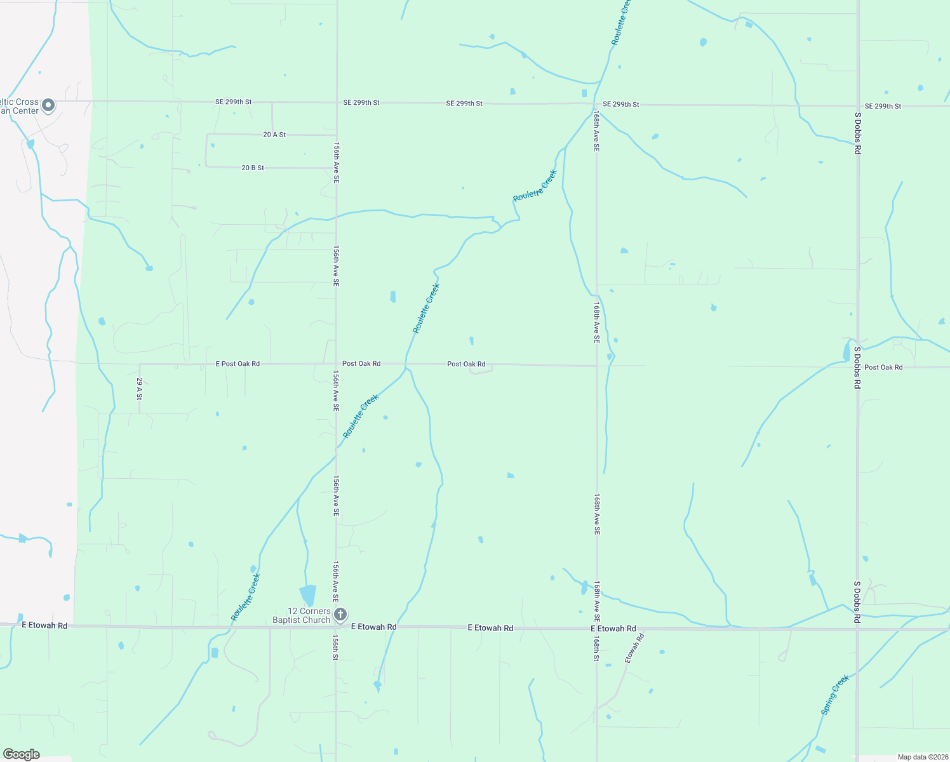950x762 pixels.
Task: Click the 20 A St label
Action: coord(274,135)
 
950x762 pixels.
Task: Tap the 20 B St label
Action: coord(253,168)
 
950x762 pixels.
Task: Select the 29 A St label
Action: coord(140,388)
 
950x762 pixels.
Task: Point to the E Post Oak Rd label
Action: coord(237,364)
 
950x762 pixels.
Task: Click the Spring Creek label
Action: coord(834,695)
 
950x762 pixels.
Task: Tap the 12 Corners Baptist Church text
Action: coord(302,615)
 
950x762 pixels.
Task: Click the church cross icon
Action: coord(340,614)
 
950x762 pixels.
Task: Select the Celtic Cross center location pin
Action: coord(48,105)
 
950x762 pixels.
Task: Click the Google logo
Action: coord(21,754)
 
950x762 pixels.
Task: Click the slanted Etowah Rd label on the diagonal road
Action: coord(634,648)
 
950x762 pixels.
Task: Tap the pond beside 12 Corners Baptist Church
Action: coord(308,595)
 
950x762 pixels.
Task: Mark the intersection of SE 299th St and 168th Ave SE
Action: coord(596,104)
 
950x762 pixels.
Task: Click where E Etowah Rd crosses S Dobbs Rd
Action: coord(857,629)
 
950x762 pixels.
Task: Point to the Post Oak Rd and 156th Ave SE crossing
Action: coord(337,364)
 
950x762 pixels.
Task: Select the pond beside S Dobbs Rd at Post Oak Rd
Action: coord(846,351)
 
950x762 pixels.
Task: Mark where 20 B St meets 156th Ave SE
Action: coord(337,168)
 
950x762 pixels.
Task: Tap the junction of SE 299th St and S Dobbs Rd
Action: coord(857,105)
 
